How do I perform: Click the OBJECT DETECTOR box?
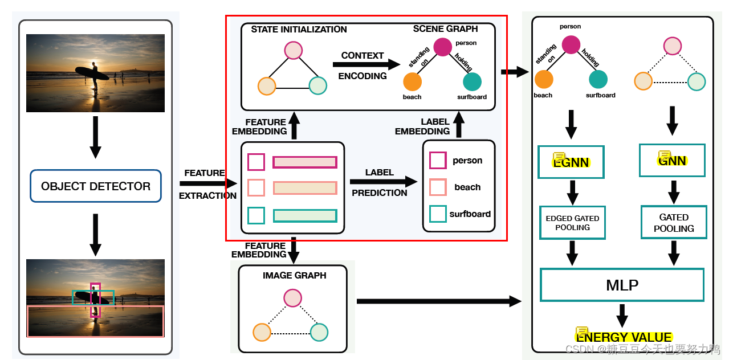95,186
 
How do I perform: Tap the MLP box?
622,285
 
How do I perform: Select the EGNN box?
571,162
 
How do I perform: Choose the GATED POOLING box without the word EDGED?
674,223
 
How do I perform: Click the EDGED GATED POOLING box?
572,223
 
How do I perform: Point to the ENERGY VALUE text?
624,337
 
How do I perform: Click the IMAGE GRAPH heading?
294,276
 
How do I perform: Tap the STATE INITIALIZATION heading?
299,30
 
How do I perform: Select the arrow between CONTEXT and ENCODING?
366,64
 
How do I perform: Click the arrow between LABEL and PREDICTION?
384,182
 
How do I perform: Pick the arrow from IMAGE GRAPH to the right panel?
439,301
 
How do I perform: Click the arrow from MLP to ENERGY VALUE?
622,316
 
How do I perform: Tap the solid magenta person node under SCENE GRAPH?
443,47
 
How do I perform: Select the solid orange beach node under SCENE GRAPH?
412,81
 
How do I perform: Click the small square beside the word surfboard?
438,214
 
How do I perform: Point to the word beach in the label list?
467,187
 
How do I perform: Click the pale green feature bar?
305,216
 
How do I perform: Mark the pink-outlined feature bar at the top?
305,162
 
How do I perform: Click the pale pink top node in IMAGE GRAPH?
292,298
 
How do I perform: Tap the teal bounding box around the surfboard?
93,297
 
